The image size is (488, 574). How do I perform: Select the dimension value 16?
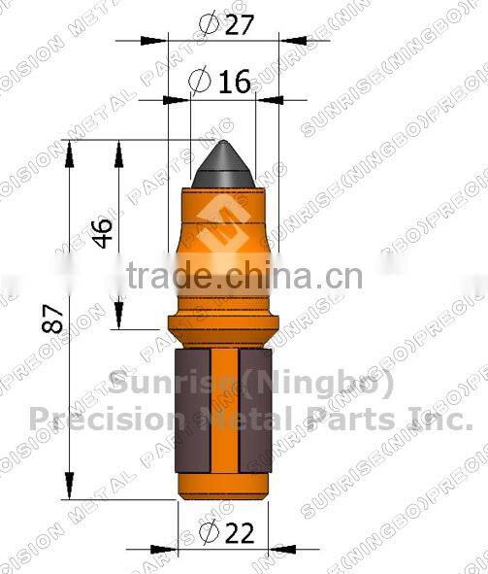234,83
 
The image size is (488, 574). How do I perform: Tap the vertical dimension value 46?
102,233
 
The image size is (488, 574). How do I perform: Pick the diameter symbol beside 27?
204,24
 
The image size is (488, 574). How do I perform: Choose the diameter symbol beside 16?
200,83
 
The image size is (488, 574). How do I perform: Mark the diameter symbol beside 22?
207,533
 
